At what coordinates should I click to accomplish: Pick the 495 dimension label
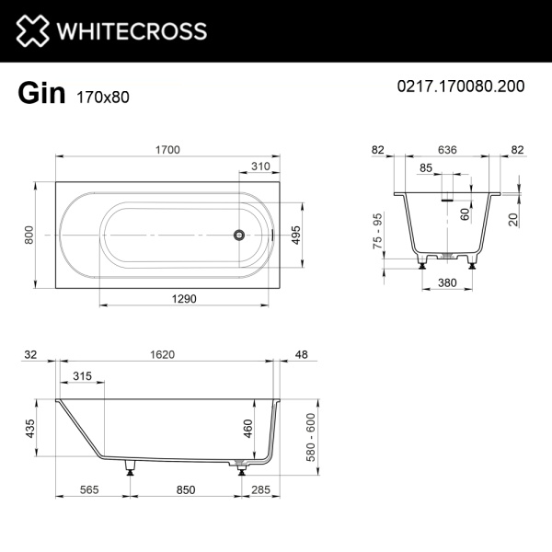[296, 236]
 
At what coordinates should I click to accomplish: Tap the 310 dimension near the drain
[261, 167]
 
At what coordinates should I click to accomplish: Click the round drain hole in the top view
[238, 235]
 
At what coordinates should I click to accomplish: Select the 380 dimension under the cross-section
[448, 282]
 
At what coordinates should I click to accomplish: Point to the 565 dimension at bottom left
[89, 490]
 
